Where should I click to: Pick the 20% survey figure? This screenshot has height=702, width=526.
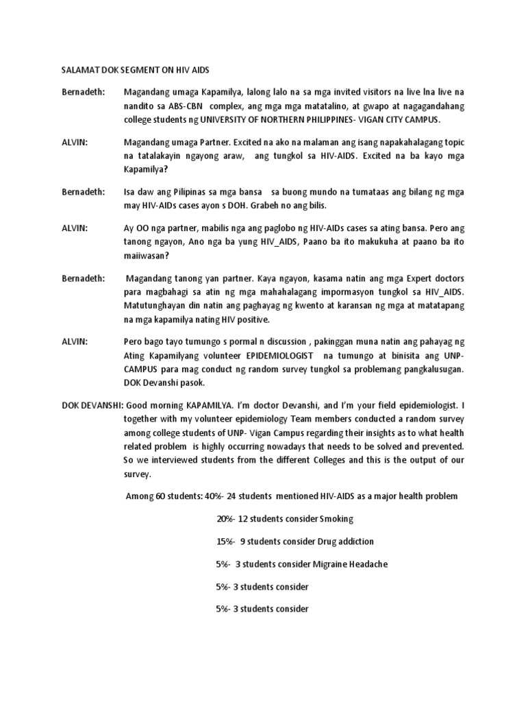225,518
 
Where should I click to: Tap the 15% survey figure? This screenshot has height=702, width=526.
225,541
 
